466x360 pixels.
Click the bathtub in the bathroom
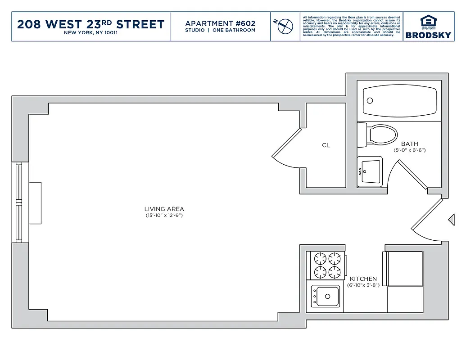pos(399,101)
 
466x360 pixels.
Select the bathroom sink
pos(370,171)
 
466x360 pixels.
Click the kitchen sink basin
pos(326,296)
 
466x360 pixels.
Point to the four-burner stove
pos(327,265)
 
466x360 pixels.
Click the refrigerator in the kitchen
pos(404,269)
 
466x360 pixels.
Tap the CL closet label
pos(326,145)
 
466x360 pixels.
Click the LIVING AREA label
pos(164,209)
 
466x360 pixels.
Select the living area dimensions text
pos(164,216)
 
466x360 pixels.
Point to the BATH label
pos(410,144)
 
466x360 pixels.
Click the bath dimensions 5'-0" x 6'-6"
pos(410,150)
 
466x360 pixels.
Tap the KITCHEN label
pos(363,279)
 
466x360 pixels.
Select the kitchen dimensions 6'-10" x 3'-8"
pos(363,285)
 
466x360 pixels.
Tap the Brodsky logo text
pos(428,35)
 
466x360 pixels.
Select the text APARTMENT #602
pos(220,23)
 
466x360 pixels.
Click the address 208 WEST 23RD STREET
pos(90,24)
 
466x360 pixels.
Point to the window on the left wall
pos(19,202)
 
